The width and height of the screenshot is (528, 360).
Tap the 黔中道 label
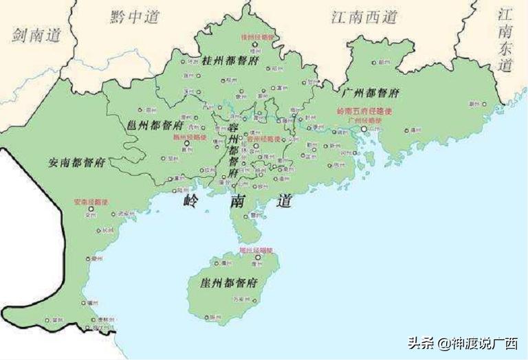(135, 17)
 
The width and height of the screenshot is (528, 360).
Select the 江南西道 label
(364, 17)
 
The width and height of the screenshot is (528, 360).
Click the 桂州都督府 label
(228, 59)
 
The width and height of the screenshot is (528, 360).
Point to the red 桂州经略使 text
(257, 36)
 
